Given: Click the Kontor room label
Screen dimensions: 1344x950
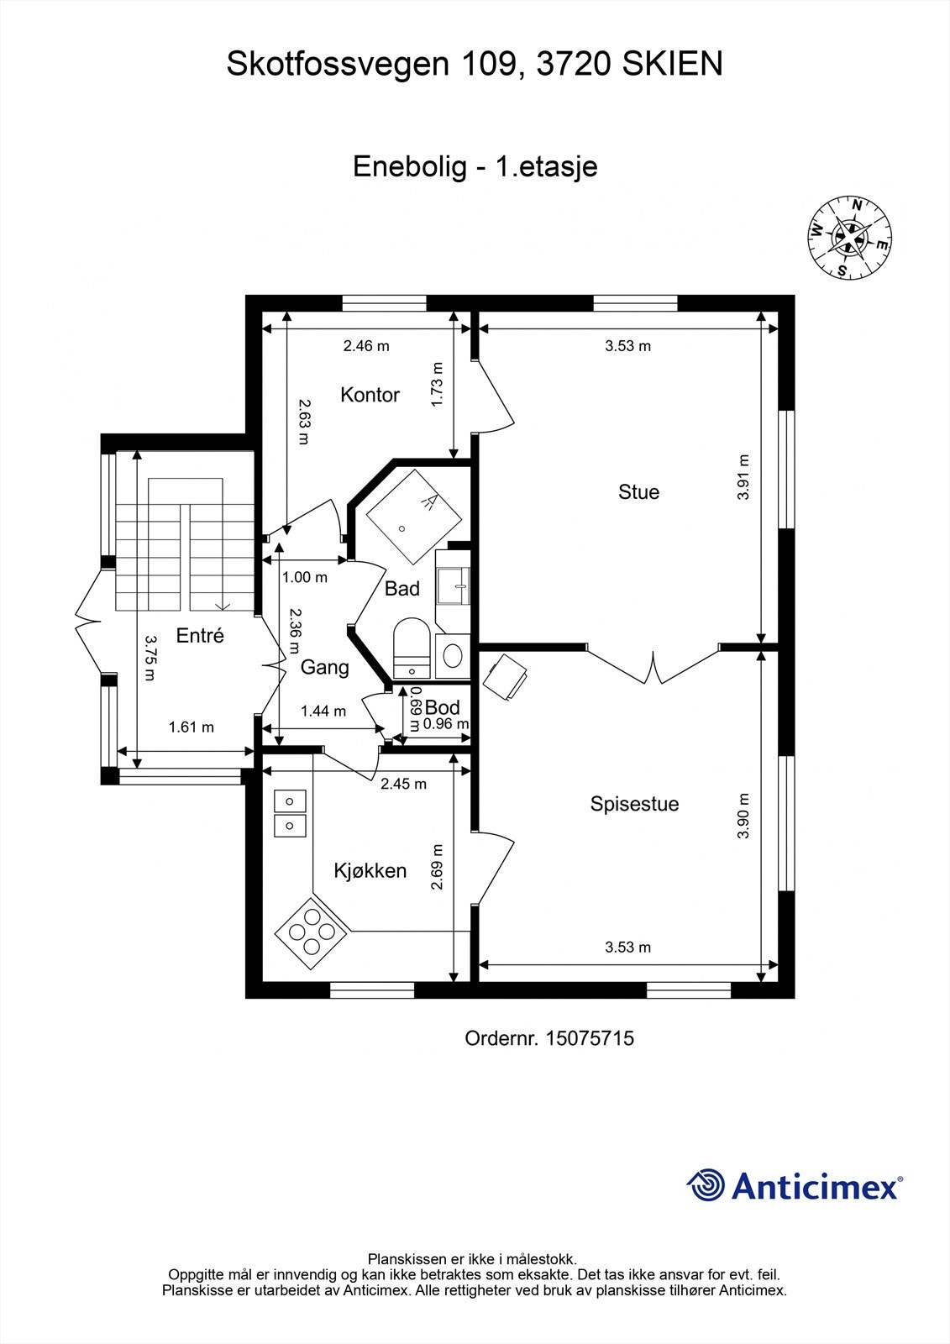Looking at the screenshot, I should (x=370, y=395).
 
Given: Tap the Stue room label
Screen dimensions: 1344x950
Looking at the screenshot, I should (x=638, y=492).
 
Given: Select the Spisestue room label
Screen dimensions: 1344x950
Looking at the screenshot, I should (x=634, y=804).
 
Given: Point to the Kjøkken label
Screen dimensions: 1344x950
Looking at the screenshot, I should (x=370, y=871).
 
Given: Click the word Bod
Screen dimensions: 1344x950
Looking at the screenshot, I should (x=442, y=707).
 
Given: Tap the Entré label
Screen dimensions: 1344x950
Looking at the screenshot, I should (x=200, y=636).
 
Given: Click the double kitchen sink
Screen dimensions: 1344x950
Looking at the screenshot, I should (x=290, y=813).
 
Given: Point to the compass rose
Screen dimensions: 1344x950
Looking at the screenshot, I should (x=850, y=238).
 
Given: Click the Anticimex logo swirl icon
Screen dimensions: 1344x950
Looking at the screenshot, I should (x=706, y=1186).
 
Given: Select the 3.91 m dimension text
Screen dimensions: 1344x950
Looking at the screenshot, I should (x=743, y=477).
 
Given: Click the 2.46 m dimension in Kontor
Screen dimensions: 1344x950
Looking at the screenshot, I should (x=366, y=345).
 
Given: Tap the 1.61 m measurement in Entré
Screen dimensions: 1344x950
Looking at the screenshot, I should (x=192, y=727).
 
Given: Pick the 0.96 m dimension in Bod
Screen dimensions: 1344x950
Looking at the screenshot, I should (x=445, y=724).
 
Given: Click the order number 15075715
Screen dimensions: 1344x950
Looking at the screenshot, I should (x=589, y=1039).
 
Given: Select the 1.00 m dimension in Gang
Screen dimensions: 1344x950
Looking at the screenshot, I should (x=304, y=578).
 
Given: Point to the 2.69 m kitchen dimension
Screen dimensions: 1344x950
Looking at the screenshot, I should (x=437, y=868).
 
